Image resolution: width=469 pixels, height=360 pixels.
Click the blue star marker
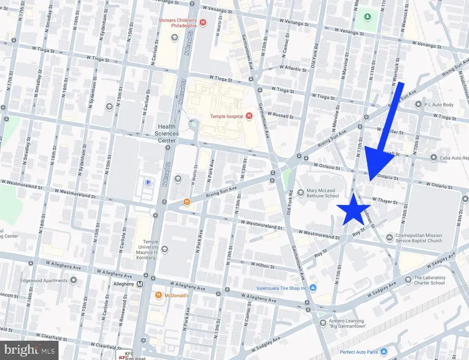(355, 209)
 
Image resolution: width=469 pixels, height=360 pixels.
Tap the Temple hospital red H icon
(249, 116)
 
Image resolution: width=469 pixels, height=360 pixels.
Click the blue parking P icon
(147, 183)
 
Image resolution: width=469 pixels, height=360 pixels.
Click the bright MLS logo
(29, 350)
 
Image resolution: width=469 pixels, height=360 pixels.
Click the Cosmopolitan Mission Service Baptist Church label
(418, 238)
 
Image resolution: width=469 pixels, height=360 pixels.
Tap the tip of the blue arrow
(371, 180)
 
